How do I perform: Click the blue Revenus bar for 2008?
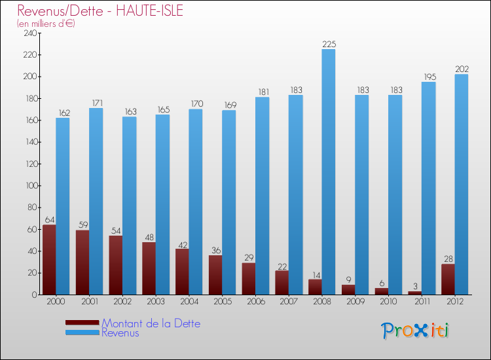(x=329, y=172)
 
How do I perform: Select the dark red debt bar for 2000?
(x=49, y=259)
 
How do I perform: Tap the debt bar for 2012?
(x=448, y=279)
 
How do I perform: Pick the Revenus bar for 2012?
(x=462, y=185)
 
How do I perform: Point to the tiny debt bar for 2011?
(x=415, y=293)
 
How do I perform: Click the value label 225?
(x=329, y=44)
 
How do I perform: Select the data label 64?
(x=50, y=220)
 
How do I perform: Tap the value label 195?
(x=430, y=77)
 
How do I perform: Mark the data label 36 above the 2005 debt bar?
(x=216, y=250)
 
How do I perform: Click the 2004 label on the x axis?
(x=189, y=301)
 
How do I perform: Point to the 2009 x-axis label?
(x=355, y=301)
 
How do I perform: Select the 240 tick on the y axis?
(x=30, y=33)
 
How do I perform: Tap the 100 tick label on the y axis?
(x=31, y=186)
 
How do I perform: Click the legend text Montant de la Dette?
(x=151, y=323)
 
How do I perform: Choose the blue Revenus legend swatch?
(x=82, y=333)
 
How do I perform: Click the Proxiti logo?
(x=415, y=331)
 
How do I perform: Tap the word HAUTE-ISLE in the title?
(x=149, y=10)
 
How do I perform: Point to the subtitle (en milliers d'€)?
(x=46, y=24)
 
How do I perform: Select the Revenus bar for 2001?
(x=96, y=202)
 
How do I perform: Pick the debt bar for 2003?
(x=149, y=268)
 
